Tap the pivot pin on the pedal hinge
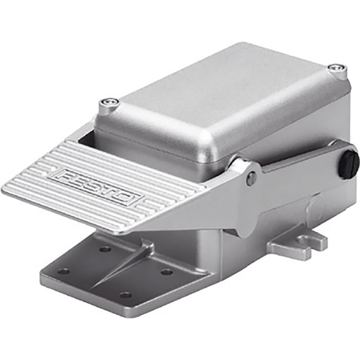[251, 179]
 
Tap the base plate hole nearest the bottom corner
[125, 294]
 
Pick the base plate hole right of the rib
[167, 271]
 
